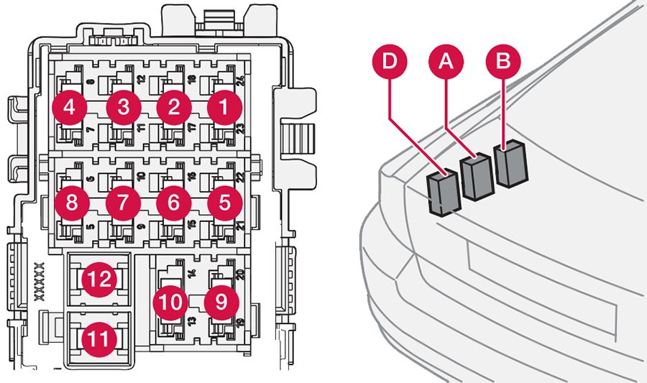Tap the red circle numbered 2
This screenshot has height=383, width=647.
[174, 109]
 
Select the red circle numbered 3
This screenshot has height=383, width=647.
[124, 109]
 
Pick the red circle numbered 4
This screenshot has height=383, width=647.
[70, 109]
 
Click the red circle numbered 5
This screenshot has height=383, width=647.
[224, 203]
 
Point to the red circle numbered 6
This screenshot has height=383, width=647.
[174, 203]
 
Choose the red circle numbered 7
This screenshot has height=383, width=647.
[124, 203]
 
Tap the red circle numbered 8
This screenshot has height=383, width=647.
[71, 203]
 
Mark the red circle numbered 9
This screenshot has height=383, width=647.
[221, 303]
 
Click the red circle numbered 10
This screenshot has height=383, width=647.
[172, 303]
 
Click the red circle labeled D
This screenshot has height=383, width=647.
[390, 63]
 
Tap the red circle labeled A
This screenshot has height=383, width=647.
[446, 63]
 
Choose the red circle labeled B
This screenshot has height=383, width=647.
[503, 63]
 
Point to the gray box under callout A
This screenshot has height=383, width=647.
[476, 177]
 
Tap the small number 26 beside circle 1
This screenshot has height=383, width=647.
[238, 80]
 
